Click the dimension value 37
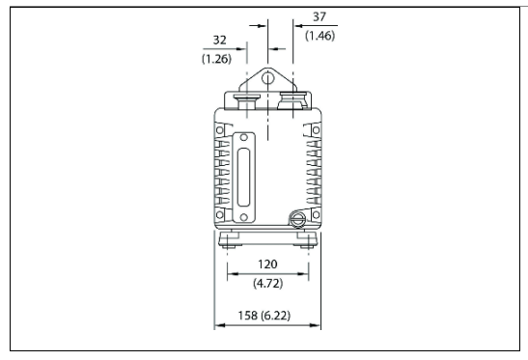click(320, 16)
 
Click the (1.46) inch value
click(320, 36)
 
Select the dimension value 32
click(219, 41)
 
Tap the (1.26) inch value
click(216, 59)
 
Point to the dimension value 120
click(267, 264)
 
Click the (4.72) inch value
click(268, 283)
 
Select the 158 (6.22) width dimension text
click(264, 316)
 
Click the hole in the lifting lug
click(267, 79)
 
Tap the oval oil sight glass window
click(243, 178)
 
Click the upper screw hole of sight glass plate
click(244, 137)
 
